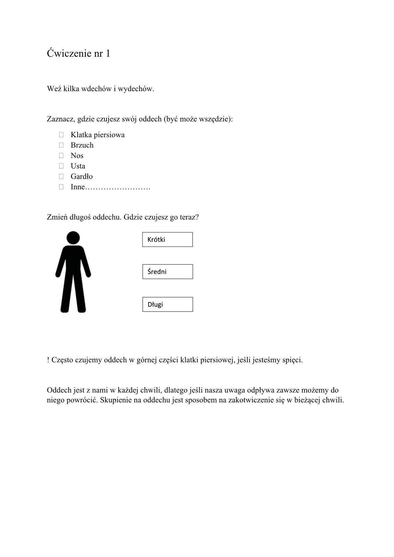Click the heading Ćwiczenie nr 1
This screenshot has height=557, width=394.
tap(78, 53)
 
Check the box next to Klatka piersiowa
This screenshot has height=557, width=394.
tap(61, 135)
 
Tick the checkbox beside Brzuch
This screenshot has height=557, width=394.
tap(61, 145)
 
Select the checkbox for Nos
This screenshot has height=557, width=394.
tap(61, 156)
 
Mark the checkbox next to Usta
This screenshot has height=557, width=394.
tap(61, 166)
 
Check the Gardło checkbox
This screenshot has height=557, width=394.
tap(61, 176)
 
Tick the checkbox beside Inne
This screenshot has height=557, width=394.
tap(61, 187)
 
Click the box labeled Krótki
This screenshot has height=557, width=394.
tap(167, 240)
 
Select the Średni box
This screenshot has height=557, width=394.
tap(167, 272)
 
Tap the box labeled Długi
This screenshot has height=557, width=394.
tap(167, 304)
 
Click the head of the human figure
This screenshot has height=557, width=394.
tap(73, 238)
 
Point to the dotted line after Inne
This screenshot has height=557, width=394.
tap(118, 188)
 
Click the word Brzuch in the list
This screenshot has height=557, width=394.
tap(82, 145)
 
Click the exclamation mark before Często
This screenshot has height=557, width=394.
tap(48, 360)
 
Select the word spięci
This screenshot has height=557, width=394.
tap(292, 360)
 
